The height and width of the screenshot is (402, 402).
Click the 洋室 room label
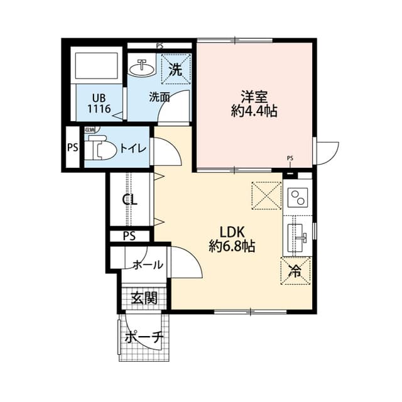pyautogui.click(x=254, y=97)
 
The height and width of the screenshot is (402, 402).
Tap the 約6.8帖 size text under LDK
pyautogui.click(x=232, y=246)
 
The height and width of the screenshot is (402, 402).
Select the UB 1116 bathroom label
pyautogui.click(x=99, y=104)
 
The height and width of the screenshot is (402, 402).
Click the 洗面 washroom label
pyautogui.click(x=160, y=97)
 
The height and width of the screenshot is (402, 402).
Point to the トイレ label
pyautogui.click(x=133, y=148)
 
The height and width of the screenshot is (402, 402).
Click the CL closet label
pyautogui.click(x=130, y=200)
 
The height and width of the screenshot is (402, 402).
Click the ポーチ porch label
pyautogui.click(x=144, y=337)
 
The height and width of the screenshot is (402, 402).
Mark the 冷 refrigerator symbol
pyautogui.click(x=294, y=271)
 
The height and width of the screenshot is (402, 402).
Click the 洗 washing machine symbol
pyautogui.click(x=177, y=70)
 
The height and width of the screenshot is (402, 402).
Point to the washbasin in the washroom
pyautogui.click(x=142, y=67)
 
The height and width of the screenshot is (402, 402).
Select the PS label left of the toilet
pyautogui.click(x=72, y=149)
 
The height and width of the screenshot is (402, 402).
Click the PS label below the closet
pyautogui.click(x=129, y=236)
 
